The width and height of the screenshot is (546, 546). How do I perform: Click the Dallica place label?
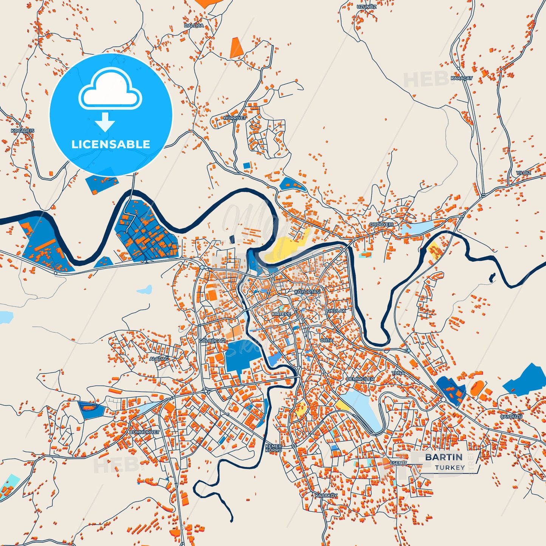coord(194,25)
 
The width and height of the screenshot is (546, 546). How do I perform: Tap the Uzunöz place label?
coord(367,7)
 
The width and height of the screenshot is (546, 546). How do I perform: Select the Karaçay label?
coord(461,78)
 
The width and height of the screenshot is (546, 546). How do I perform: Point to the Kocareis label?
coord(23,131)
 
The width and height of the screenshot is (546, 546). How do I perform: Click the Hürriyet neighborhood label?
coord(235,118)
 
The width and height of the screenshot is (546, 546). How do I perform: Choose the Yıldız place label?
coord(523,173)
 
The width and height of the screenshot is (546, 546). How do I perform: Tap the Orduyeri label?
coord(381,224)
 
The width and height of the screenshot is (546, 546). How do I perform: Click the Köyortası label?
coord(307,292)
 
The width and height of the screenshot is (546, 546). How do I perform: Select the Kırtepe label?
coord(282,314)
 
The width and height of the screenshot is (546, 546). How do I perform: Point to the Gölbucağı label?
coord(212,341)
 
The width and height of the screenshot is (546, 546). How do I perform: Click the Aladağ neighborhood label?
coord(159,359)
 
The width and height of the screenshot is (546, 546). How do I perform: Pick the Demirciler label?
coord(360,379)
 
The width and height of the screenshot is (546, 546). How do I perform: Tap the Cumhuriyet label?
coord(145,432)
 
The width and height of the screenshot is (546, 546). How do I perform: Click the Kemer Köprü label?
coord(273,449)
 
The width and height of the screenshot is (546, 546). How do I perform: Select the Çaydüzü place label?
coord(511,416)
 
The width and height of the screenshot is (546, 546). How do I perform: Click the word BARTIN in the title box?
coord(444,457)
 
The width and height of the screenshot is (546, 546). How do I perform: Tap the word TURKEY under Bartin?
coord(450,467)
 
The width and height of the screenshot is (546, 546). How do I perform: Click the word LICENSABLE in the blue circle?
coord(111,144)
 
